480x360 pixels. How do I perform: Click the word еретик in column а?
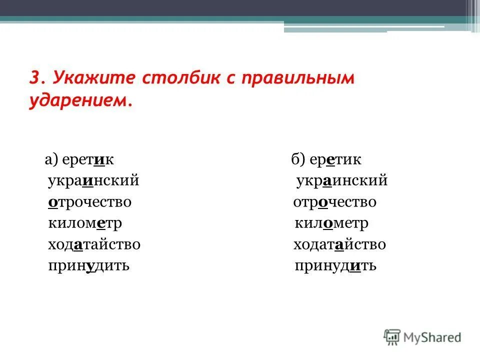point(89,160)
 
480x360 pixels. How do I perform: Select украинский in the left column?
point(93,181)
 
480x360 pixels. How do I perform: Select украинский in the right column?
point(341,181)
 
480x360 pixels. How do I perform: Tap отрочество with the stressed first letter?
point(89,202)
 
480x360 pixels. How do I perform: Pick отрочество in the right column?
point(334,202)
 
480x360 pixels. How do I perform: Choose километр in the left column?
point(85,223)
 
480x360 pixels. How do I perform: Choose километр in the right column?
point(331,223)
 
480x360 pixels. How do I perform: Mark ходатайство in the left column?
point(94,244)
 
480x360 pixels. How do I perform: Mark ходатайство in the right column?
point(339,244)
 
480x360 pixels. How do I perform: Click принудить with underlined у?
point(88,266)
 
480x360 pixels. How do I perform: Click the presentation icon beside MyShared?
point(392,337)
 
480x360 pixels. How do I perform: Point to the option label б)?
point(298,160)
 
